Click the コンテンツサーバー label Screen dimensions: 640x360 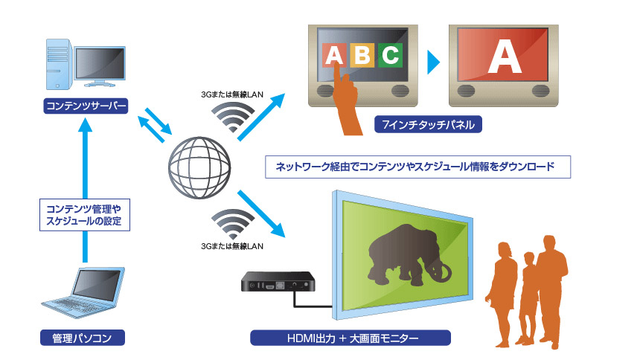click(x=86, y=106)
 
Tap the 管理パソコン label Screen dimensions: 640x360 click(x=83, y=338)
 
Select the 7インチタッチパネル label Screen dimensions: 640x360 click(x=428, y=124)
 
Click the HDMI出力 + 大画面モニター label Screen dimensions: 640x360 click(x=351, y=338)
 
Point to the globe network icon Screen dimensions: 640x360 click(x=199, y=168)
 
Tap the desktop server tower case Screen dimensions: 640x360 click(x=59, y=64)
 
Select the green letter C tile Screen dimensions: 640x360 click(x=390, y=55)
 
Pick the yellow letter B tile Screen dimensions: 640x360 click(x=362, y=55)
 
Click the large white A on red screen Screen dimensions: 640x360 click(x=505, y=57)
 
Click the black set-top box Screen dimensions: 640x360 click(x=278, y=282)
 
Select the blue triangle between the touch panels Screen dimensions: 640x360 click(x=433, y=62)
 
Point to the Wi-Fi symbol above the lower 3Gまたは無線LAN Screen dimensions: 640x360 click(x=233, y=224)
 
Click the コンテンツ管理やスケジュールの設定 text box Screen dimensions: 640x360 click(x=85, y=215)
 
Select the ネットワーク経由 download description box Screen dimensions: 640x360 click(x=418, y=167)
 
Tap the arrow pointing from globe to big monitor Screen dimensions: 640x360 click(x=261, y=213)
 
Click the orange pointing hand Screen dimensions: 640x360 click(x=346, y=101)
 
